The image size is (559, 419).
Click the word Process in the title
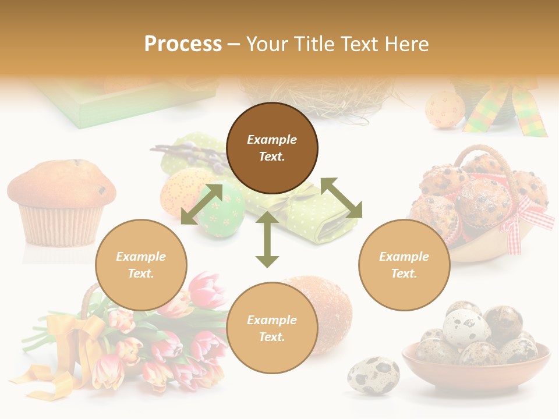183,44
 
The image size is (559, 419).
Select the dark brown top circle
272,148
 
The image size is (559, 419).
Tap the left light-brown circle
141,265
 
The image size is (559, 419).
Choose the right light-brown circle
404,265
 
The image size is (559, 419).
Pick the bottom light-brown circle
272,328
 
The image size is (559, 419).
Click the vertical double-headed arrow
267,240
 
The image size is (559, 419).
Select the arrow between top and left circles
201,204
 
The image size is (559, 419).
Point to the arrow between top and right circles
341,198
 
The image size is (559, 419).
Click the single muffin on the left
61,201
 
